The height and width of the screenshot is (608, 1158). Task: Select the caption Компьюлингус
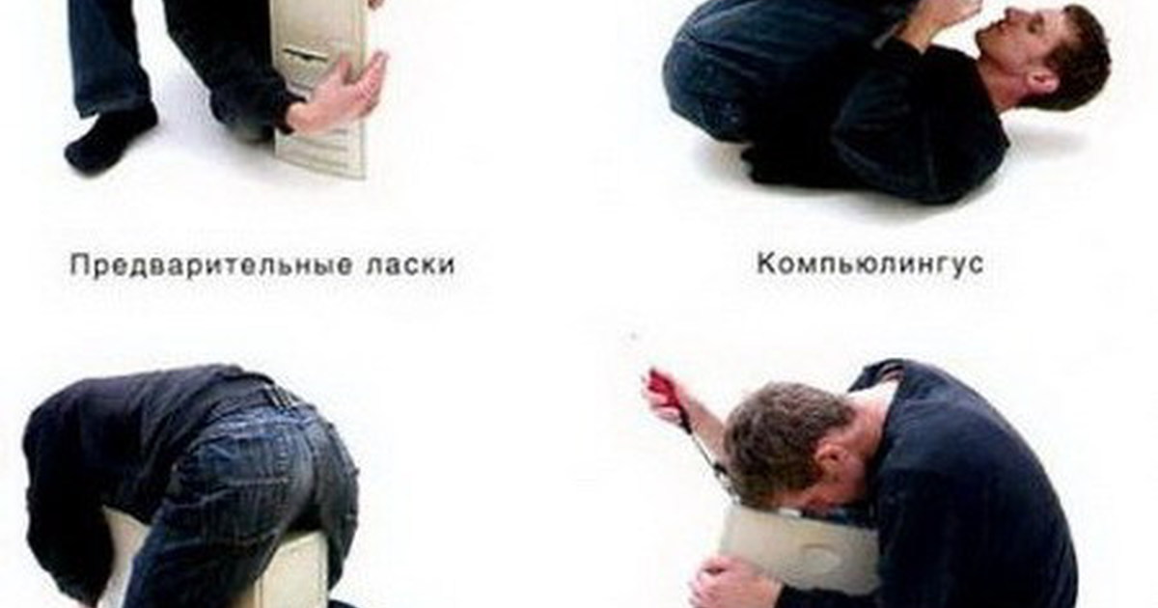[870, 264]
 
